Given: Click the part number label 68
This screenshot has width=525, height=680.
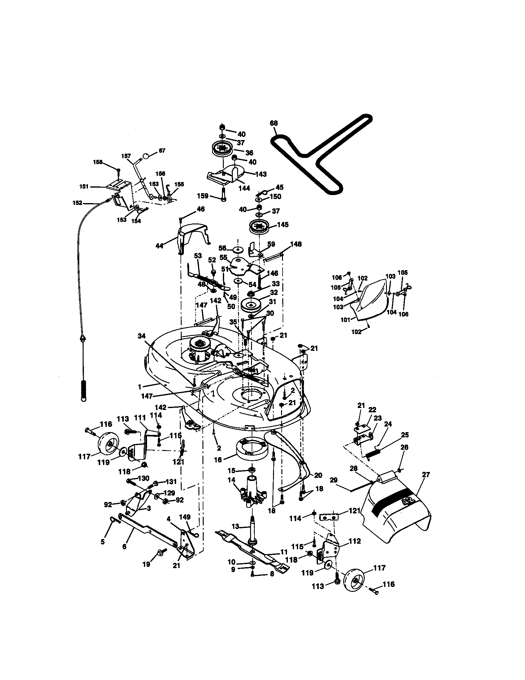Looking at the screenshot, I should (274, 123).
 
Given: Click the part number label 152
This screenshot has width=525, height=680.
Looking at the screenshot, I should (77, 203).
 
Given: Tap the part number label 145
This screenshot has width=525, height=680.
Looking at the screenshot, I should (283, 224).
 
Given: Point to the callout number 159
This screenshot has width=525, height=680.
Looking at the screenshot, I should (203, 196).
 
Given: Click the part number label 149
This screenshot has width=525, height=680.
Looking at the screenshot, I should (185, 517).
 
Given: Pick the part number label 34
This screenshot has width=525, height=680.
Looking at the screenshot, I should (141, 336).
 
